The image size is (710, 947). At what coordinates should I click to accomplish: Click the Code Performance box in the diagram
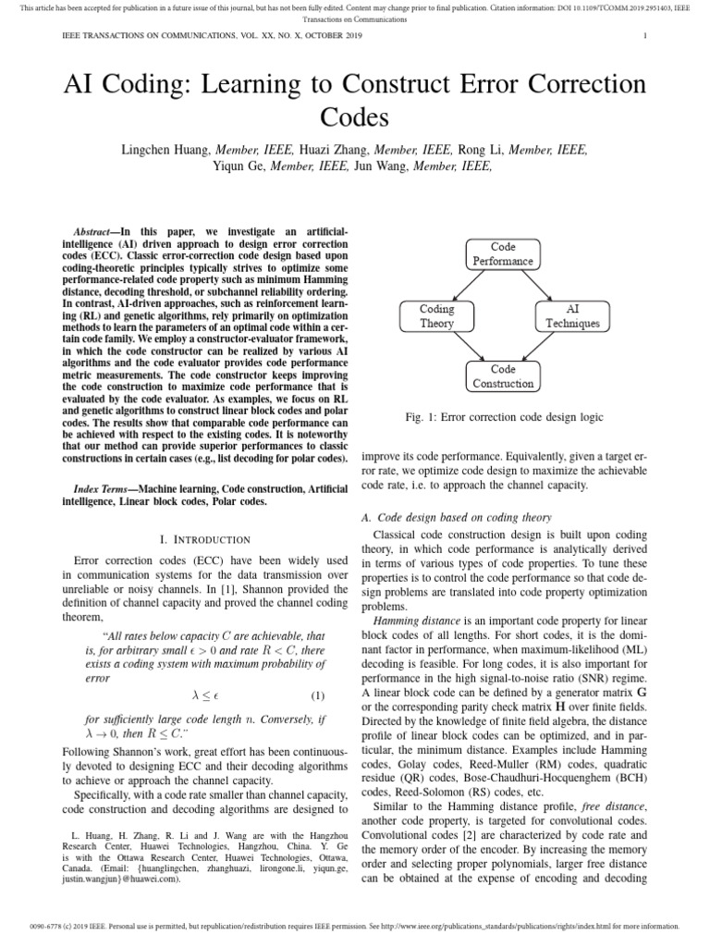click(x=504, y=253)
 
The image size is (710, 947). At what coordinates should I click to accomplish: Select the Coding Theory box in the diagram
click(x=436, y=316)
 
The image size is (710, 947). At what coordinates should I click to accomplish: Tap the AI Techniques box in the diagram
click(x=571, y=316)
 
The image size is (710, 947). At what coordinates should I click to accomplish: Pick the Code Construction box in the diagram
click(x=504, y=376)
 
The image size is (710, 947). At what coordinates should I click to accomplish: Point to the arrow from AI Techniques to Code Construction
click(x=542, y=347)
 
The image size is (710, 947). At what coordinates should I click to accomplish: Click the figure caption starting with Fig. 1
click(x=504, y=417)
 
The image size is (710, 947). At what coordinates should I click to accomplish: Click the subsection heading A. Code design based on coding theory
click(x=457, y=517)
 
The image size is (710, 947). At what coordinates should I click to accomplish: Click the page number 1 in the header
click(x=643, y=35)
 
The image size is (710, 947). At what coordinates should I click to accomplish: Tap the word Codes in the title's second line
click(x=355, y=117)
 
